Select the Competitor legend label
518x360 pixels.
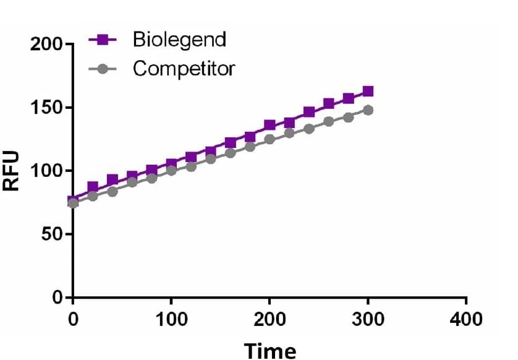click(x=184, y=69)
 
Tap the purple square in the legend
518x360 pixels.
click(x=103, y=40)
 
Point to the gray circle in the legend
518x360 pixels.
click(x=103, y=69)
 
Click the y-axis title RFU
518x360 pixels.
click(x=11, y=171)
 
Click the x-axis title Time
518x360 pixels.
click(x=270, y=351)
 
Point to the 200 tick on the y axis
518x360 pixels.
click(x=46, y=44)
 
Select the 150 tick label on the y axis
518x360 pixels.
click(x=46, y=108)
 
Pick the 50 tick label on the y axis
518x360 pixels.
click(x=52, y=234)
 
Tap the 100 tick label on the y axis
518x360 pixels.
click(x=46, y=171)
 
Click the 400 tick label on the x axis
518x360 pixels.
click(x=466, y=319)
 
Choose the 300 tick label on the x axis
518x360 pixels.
click(x=368, y=319)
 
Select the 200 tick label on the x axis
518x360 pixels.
click(x=270, y=319)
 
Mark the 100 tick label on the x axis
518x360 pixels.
click(x=171, y=319)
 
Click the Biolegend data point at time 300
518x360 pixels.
click(x=368, y=92)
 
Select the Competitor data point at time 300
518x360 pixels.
click(x=368, y=110)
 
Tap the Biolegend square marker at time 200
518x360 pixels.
click(x=270, y=125)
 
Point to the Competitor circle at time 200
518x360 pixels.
click(x=270, y=139)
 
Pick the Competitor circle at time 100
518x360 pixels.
click(x=171, y=170)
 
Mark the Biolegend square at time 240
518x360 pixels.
click(x=309, y=112)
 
